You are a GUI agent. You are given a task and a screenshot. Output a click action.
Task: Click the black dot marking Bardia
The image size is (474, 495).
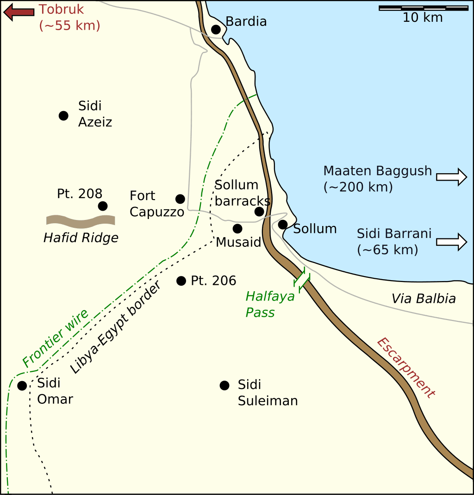(216, 30)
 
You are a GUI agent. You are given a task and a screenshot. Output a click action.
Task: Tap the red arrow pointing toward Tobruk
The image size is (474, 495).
(19, 13)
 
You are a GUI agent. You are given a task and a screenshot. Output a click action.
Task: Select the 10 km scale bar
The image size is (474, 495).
(423, 8)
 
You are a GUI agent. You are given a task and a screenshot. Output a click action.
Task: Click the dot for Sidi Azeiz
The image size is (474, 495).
(63, 116)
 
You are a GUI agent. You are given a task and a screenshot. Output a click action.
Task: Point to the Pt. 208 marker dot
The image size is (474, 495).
(103, 206)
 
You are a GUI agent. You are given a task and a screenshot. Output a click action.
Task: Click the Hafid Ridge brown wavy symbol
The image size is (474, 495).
(81, 221)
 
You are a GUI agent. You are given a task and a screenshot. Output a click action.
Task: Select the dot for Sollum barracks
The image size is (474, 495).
(259, 212)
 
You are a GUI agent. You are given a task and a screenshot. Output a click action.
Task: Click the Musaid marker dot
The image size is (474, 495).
(237, 228)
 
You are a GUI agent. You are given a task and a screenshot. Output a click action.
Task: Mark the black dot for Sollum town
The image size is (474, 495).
(283, 225)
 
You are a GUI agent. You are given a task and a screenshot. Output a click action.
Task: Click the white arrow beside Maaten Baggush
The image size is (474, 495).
(451, 176)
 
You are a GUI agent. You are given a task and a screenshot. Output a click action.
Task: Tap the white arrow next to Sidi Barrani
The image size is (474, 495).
(451, 242)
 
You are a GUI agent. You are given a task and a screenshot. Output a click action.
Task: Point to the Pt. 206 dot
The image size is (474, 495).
(181, 281)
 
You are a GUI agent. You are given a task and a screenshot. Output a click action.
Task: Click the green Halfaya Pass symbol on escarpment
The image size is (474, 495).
(302, 280)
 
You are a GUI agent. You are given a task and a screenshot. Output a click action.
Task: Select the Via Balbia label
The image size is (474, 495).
(424, 299)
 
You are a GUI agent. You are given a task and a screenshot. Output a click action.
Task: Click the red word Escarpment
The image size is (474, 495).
(405, 368)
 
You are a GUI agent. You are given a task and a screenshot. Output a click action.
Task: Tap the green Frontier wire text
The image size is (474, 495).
(55, 338)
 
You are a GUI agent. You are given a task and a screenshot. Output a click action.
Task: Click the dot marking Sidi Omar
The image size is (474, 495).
(22, 385)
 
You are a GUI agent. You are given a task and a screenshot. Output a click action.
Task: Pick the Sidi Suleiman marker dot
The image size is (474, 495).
(225, 385)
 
